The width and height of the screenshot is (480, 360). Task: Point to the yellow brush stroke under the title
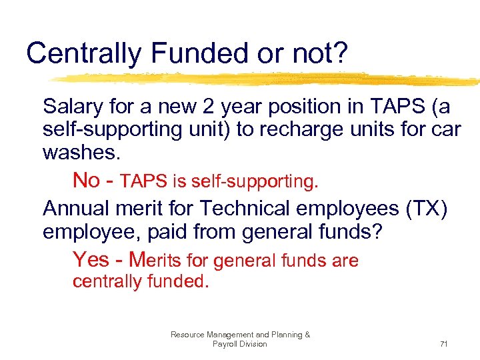tap(267, 79)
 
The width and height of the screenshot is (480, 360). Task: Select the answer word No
tap(86, 179)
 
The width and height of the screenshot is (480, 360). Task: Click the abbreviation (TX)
tap(424, 209)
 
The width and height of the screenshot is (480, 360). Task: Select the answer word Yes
tap(90, 259)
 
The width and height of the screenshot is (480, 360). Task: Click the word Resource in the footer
tap(187, 335)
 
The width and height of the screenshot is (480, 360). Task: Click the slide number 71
tap(443, 344)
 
